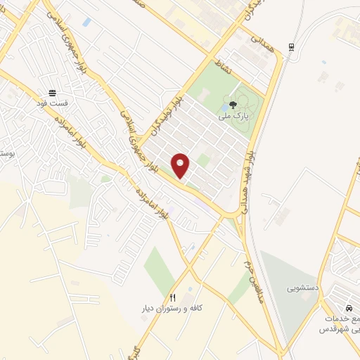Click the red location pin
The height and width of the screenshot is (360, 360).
click(181, 166)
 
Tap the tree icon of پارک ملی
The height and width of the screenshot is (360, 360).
click(233, 105)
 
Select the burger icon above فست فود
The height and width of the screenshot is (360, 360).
click(51, 92)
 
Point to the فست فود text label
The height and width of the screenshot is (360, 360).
click(52, 103)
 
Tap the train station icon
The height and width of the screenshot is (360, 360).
click(291, 47)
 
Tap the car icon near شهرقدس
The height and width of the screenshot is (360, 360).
click(348, 309)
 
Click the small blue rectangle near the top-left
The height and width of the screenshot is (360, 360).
click(86, 22)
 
